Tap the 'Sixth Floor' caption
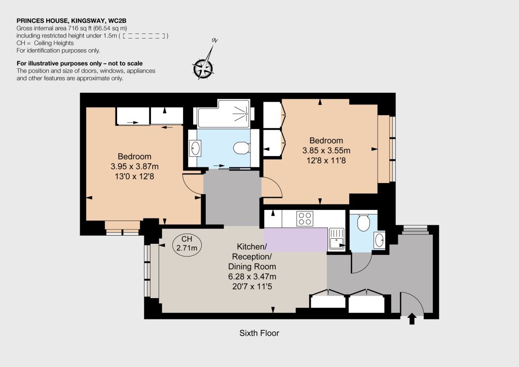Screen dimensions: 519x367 pos(259,333)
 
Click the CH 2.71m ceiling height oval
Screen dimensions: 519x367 pos(187,243)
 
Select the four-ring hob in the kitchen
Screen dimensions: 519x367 pos(305,218)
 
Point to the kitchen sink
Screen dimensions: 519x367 pos(337,239)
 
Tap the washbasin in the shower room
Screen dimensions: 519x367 pos(195,148)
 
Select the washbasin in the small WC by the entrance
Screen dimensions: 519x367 pos(379,239)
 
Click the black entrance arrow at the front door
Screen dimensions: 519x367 pos(412,319)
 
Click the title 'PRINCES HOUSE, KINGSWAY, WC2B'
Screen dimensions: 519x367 pos(71,21)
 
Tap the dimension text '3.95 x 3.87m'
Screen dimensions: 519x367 pos(134,166)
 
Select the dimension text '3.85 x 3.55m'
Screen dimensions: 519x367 pos(326,150)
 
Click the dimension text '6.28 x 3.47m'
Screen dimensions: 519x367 pos(252,276)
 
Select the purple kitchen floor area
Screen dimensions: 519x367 pos(295,239)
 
